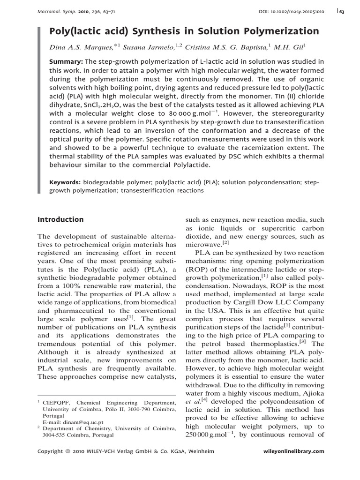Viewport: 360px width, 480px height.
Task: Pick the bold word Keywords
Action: (x=67, y=182)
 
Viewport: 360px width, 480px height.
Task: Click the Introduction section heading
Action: (x=60, y=219)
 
